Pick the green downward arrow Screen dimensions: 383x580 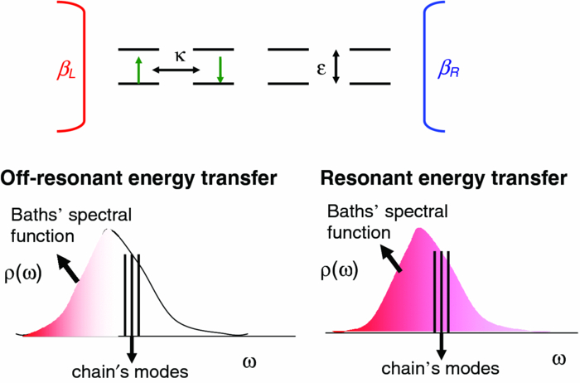[x=220, y=67]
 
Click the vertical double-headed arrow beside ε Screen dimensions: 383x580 [x=336, y=66]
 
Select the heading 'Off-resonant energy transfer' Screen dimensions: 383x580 [x=139, y=178]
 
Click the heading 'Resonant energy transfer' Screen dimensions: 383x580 [x=444, y=178]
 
